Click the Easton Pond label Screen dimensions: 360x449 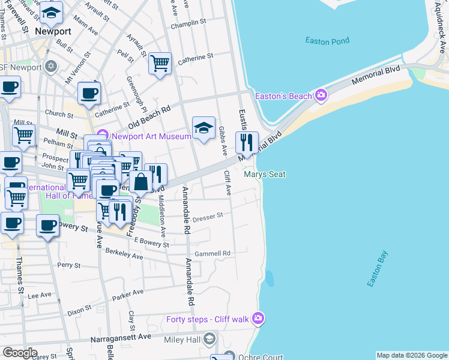click(x=327, y=41)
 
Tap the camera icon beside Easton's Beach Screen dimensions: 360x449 click(x=321, y=95)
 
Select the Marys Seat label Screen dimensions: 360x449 click(x=264, y=175)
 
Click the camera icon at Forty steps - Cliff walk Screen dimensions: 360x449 click(x=258, y=319)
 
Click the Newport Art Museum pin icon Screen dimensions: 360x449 click(x=101, y=136)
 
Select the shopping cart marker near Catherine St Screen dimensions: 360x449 click(x=160, y=63)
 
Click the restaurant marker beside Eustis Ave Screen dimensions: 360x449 click(x=246, y=143)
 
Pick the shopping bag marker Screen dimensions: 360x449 click(x=140, y=182)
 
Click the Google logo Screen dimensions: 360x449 click(x=20, y=353)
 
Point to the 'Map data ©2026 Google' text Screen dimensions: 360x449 click(x=411, y=355)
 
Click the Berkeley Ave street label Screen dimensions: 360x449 click(x=124, y=256)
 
